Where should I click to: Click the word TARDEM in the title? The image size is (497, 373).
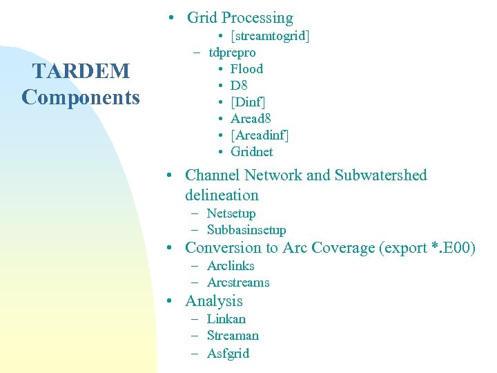coord(80,71)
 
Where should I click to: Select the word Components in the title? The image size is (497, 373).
coord(80,97)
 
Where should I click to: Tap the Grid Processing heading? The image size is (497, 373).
coord(240,18)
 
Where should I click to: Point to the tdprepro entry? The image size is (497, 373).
coord(232,52)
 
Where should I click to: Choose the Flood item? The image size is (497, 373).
coord(246,69)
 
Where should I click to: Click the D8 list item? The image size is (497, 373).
coord(239,86)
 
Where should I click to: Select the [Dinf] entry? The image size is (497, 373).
coord(248,102)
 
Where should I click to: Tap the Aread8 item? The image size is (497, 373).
coord(251,119)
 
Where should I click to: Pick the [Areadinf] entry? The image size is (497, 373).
coord(260,135)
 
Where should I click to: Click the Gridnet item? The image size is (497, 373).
coord(251,152)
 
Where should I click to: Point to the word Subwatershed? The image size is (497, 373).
coord(380,175)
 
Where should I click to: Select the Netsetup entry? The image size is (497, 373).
coord(231,213)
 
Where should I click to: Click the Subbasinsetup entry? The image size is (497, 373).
coord(246,230)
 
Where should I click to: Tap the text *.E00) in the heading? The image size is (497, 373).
coord(453,248)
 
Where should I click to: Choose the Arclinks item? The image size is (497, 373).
coord(231,266)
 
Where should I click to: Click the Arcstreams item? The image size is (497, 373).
coord(238,283)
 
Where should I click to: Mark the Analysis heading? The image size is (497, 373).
coord(214,301)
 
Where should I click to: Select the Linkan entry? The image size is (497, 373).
coord(226,319)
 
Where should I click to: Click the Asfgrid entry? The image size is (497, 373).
coord(228,354)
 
